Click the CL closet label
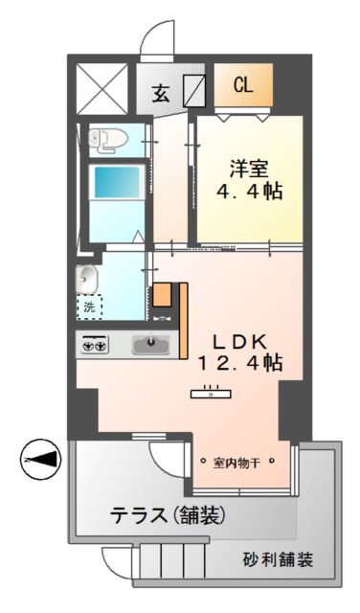pyautogui.click(x=243, y=84)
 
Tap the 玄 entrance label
pyautogui.click(x=161, y=94)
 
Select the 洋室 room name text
pyautogui.click(x=248, y=168)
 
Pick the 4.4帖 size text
pyautogui.click(x=248, y=190)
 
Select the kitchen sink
pyautogui.click(x=150, y=343)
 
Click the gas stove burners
pyautogui.click(x=96, y=343)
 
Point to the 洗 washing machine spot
pyautogui.click(x=89, y=307)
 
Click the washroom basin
pyautogui.click(x=85, y=279)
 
